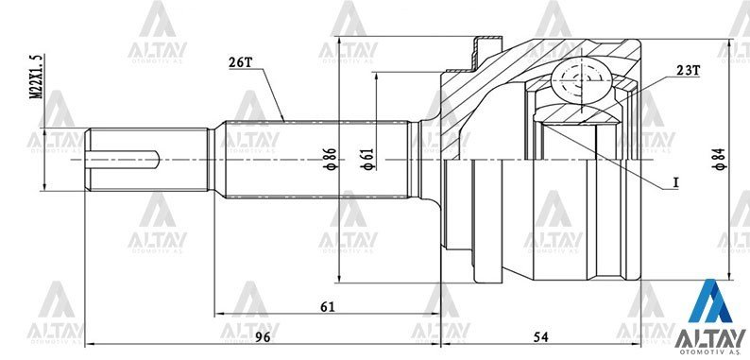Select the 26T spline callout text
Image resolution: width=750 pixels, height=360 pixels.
click(x=241, y=62)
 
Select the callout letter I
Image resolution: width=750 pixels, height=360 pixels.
click(x=676, y=180)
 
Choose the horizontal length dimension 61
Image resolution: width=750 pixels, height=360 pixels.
click(x=327, y=307)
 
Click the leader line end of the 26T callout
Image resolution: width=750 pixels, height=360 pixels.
click(x=284, y=119)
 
